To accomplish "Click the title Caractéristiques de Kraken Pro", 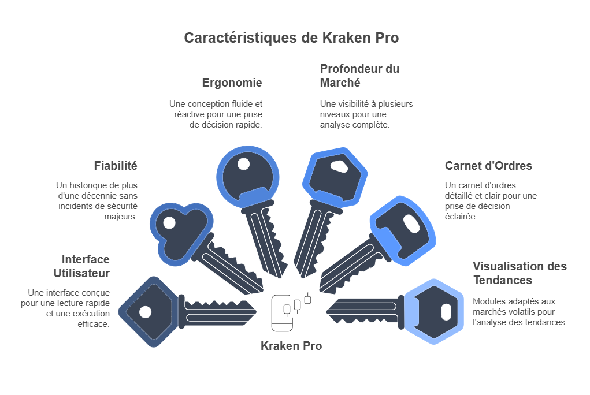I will (291, 38).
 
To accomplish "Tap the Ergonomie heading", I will (232, 83).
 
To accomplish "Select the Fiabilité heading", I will (116, 166).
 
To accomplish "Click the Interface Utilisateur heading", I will (81, 266).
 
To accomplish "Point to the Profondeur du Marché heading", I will (359, 76).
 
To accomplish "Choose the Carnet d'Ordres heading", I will (488, 166).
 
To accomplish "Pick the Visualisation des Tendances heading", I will (520, 273).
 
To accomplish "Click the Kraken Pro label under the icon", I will (291, 346).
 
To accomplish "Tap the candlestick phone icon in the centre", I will (291, 311).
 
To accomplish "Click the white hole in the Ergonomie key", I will (244, 164).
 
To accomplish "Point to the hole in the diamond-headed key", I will (146, 312).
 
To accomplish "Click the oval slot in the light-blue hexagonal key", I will (446, 312).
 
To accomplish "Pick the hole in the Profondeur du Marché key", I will (340, 167).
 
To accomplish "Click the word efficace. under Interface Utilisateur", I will (94, 324).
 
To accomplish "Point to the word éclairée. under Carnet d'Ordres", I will (461, 217).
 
